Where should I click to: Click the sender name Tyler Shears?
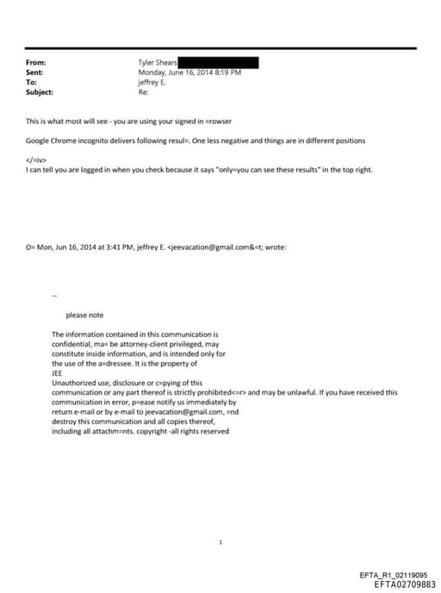158,63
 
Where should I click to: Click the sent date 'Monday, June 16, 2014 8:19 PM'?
189,72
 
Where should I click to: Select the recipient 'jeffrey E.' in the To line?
154,82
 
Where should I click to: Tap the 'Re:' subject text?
143,91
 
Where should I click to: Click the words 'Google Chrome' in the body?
50,140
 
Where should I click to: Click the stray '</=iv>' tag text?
37,160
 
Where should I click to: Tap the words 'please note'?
84,315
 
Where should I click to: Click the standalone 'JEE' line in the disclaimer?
58,373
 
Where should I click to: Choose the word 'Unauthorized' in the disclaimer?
74,383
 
